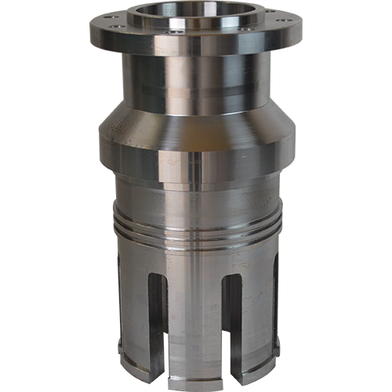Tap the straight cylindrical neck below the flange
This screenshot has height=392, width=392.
196,82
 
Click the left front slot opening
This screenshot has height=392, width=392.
158,321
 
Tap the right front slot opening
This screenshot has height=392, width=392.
232,321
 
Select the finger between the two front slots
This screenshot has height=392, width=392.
194,321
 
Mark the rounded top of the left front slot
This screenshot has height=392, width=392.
158,279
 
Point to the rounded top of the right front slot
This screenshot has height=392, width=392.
232,279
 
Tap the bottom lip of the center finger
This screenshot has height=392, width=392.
194,376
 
